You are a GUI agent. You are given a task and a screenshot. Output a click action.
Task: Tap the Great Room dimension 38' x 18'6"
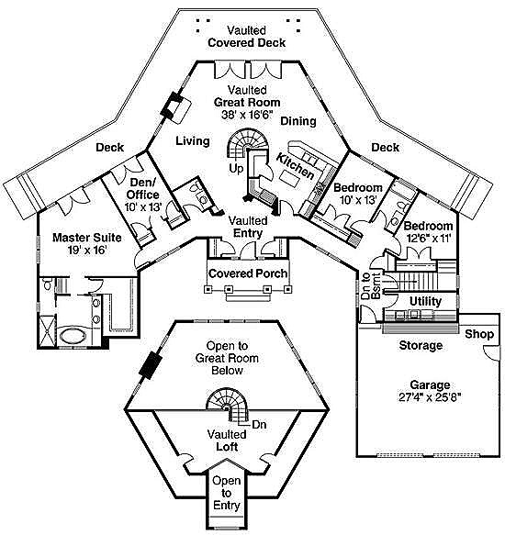tap(240, 116)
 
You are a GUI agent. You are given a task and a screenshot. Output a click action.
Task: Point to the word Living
tap(193, 140)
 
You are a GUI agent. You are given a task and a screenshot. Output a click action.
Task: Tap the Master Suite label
tap(80, 236)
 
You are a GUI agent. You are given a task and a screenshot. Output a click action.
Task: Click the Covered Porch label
tap(247, 273)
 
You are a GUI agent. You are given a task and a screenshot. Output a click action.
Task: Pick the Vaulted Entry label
tap(248, 227)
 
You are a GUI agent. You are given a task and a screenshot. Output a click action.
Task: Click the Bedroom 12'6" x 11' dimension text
tap(428, 239)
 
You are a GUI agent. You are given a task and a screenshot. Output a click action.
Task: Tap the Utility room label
tap(425, 301)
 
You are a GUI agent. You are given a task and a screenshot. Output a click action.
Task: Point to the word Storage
tap(421, 345)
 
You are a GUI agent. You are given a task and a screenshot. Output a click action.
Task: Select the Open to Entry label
tap(226, 493)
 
